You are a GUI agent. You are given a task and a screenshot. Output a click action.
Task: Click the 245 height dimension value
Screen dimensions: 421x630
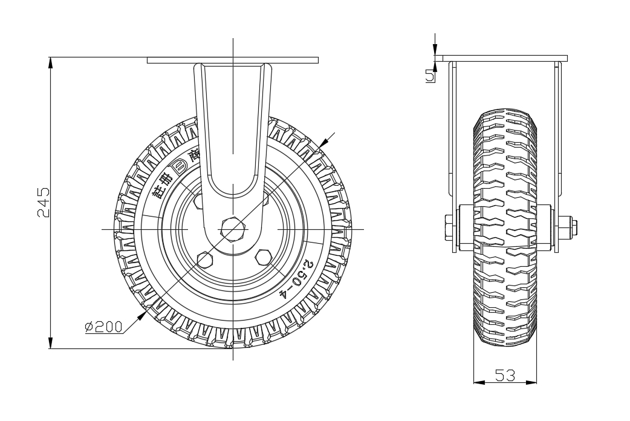pos(43,203)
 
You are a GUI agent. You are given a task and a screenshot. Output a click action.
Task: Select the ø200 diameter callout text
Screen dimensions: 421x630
pos(103,327)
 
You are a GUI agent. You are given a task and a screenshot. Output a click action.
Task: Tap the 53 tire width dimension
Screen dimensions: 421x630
pos(505,376)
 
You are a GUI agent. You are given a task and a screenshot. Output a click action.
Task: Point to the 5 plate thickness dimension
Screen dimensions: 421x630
pos(430,76)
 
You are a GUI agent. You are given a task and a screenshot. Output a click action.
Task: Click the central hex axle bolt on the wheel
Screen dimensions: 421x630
pos(233,229)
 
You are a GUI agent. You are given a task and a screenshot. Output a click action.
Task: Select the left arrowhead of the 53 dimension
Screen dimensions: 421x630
pos(477,382)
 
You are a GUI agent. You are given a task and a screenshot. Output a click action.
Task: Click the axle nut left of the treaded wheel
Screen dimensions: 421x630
pos(450,229)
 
